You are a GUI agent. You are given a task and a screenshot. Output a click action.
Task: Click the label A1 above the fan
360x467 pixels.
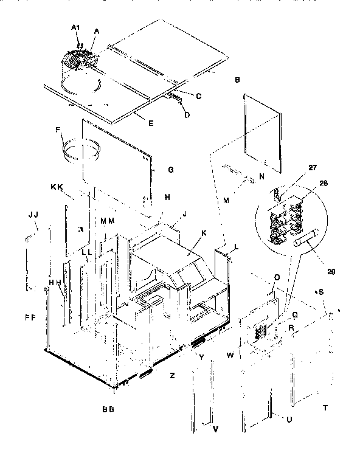pyautogui.click(x=76, y=28)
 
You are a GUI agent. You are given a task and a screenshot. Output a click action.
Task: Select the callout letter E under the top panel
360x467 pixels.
pyautogui.click(x=151, y=123)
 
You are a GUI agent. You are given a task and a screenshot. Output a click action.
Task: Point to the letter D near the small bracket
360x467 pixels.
pyautogui.click(x=187, y=115)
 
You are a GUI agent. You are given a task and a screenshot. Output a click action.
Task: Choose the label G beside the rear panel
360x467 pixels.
pyautogui.click(x=171, y=170)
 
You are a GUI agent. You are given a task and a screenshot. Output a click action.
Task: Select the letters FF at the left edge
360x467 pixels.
pyautogui.click(x=30, y=317)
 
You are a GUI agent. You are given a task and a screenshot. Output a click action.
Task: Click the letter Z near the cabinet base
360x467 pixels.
pyautogui.click(x=172, y=376)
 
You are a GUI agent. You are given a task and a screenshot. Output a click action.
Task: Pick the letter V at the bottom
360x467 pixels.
pyautogui.click(x=215, y=429)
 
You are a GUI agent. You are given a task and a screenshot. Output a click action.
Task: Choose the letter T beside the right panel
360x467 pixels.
pyautogui.click(x=325, y=408)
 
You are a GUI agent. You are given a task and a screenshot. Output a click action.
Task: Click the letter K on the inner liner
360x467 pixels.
pyautogui.click(x=204, y=233)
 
